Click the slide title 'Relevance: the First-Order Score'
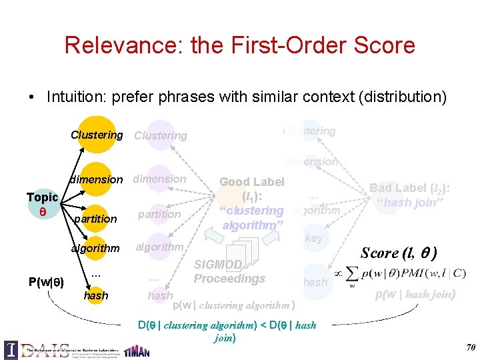[x=240, y=45]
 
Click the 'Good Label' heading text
[x=252, y=182]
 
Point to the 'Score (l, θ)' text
[x=399, y=253]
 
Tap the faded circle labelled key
[x=313, y=239]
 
